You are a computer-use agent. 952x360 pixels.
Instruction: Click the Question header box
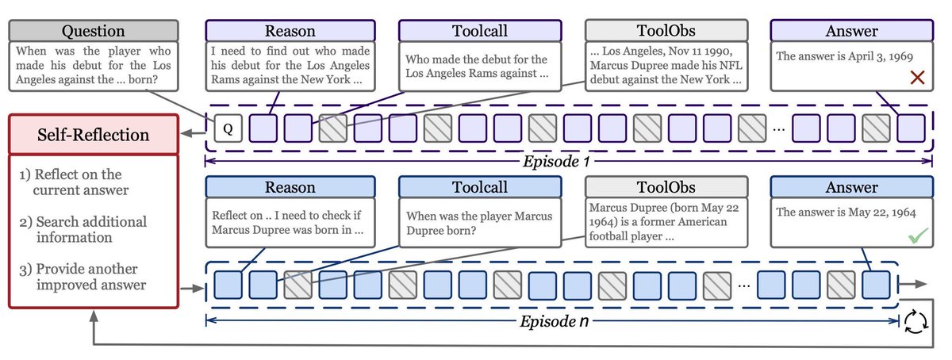[x=93, y=30]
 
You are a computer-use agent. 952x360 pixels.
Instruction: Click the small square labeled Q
[x=228, y=128]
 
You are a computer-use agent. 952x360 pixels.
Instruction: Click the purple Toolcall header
[x=480, y=30]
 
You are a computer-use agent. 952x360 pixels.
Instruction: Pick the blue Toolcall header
[x=480, y=188]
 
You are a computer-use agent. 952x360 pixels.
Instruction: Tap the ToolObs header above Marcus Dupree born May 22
[x=666, y=188]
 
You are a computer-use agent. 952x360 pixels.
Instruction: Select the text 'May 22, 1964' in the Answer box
[x=877, y=212]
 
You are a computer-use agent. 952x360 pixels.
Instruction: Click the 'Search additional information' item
[x=83, y=229]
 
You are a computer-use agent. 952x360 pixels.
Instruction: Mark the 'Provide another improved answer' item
[x=83, y=276]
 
